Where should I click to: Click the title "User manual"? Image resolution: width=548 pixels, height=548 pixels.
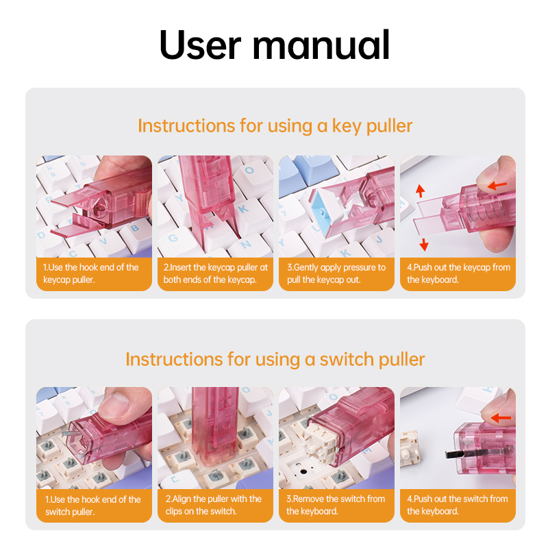click(274, 45)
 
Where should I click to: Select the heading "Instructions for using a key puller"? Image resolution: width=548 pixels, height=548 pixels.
click(275, 126)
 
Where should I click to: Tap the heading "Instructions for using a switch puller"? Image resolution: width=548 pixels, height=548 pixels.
click(275, 360)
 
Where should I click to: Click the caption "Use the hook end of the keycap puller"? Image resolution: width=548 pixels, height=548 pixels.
click(93, 273)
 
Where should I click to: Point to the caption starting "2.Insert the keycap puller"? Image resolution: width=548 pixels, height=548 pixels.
click(215, 273)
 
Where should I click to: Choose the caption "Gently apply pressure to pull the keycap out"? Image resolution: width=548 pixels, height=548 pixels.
click(336, 273)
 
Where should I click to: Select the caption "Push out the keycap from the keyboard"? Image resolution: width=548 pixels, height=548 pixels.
click(458, 273)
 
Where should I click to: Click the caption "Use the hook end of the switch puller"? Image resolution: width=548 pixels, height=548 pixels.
click(93, 505)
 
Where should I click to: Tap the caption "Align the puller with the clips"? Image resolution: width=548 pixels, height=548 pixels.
click(215, 505)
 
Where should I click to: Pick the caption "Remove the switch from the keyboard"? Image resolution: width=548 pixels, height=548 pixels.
click(336, 505)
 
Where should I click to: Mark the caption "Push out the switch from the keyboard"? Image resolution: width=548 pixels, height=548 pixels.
click(458, 505)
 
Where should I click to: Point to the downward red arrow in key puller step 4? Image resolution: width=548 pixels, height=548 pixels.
click(423, 243)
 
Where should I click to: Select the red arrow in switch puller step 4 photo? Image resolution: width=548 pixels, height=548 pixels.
click(501, 417)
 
